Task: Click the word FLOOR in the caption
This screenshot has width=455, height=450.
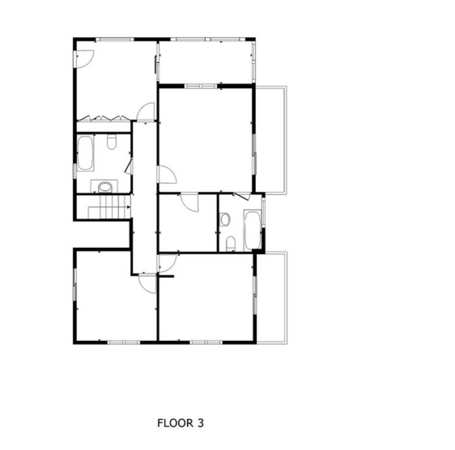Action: (175, 423)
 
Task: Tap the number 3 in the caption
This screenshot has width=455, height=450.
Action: (200, 423)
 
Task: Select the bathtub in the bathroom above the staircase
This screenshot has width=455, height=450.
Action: (85, 153)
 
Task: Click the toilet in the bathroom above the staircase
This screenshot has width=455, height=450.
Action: (112, 142)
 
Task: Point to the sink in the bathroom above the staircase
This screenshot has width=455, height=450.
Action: (104, 187)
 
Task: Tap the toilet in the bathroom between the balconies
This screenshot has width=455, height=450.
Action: (231, 243)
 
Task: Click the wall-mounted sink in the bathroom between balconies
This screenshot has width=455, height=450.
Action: (224, 219)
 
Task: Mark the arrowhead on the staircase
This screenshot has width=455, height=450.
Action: (128, 207)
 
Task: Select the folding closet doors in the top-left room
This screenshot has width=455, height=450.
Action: (104, 118)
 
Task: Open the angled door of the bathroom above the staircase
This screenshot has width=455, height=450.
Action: (129, 167)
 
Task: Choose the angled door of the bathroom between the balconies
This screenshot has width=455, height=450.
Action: (242, 196)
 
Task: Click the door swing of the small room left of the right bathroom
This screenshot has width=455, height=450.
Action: (189, 202)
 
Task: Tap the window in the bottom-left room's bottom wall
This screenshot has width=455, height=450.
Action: (124, 342)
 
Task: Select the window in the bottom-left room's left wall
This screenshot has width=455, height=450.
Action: (75, 284)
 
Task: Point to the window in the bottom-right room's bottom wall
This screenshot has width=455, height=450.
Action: (206, 342)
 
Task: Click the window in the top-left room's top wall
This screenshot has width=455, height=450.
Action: (115, 39)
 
